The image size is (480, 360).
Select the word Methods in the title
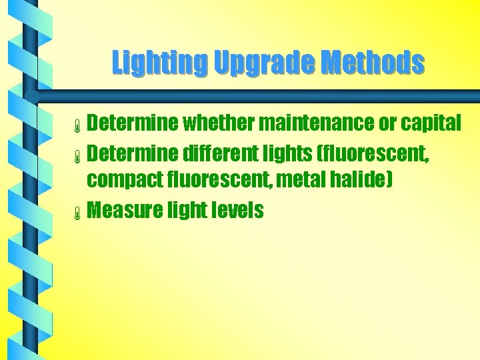[x=372, y=63]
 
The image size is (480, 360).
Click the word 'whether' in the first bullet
[x=217, y=123]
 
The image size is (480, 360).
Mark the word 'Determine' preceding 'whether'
[x=133, y=123]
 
